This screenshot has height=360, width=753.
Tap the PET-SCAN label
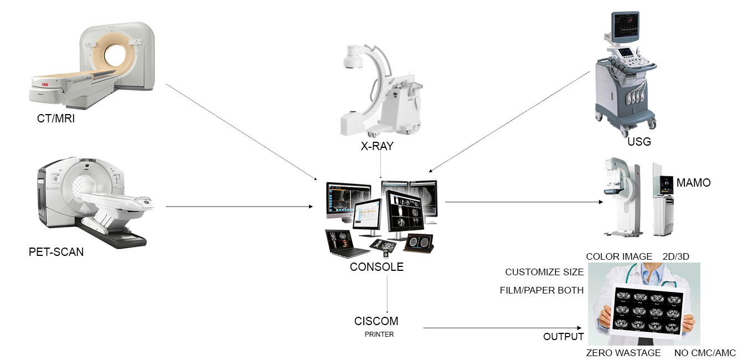coord(56,252)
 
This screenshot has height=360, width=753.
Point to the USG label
coord(639,142)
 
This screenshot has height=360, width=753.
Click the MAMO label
coord(694,182)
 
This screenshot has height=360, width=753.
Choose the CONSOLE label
coord(376,267)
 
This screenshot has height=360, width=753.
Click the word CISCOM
coord(376,321)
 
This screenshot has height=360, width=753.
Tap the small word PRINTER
coord(379,335)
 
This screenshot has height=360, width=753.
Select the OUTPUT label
coord(563,337)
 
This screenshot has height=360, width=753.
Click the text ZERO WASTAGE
coord(623,353)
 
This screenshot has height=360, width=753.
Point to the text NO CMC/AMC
coord(705,353)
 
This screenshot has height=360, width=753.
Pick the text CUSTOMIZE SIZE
coord(544,272)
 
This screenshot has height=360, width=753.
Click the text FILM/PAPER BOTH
coord(541,290)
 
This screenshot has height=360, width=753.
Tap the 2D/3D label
coord(675,256)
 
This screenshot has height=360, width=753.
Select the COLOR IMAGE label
coord(619,256)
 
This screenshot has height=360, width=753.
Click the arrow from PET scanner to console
coord(238,207)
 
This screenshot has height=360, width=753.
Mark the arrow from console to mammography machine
coord(523,202)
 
